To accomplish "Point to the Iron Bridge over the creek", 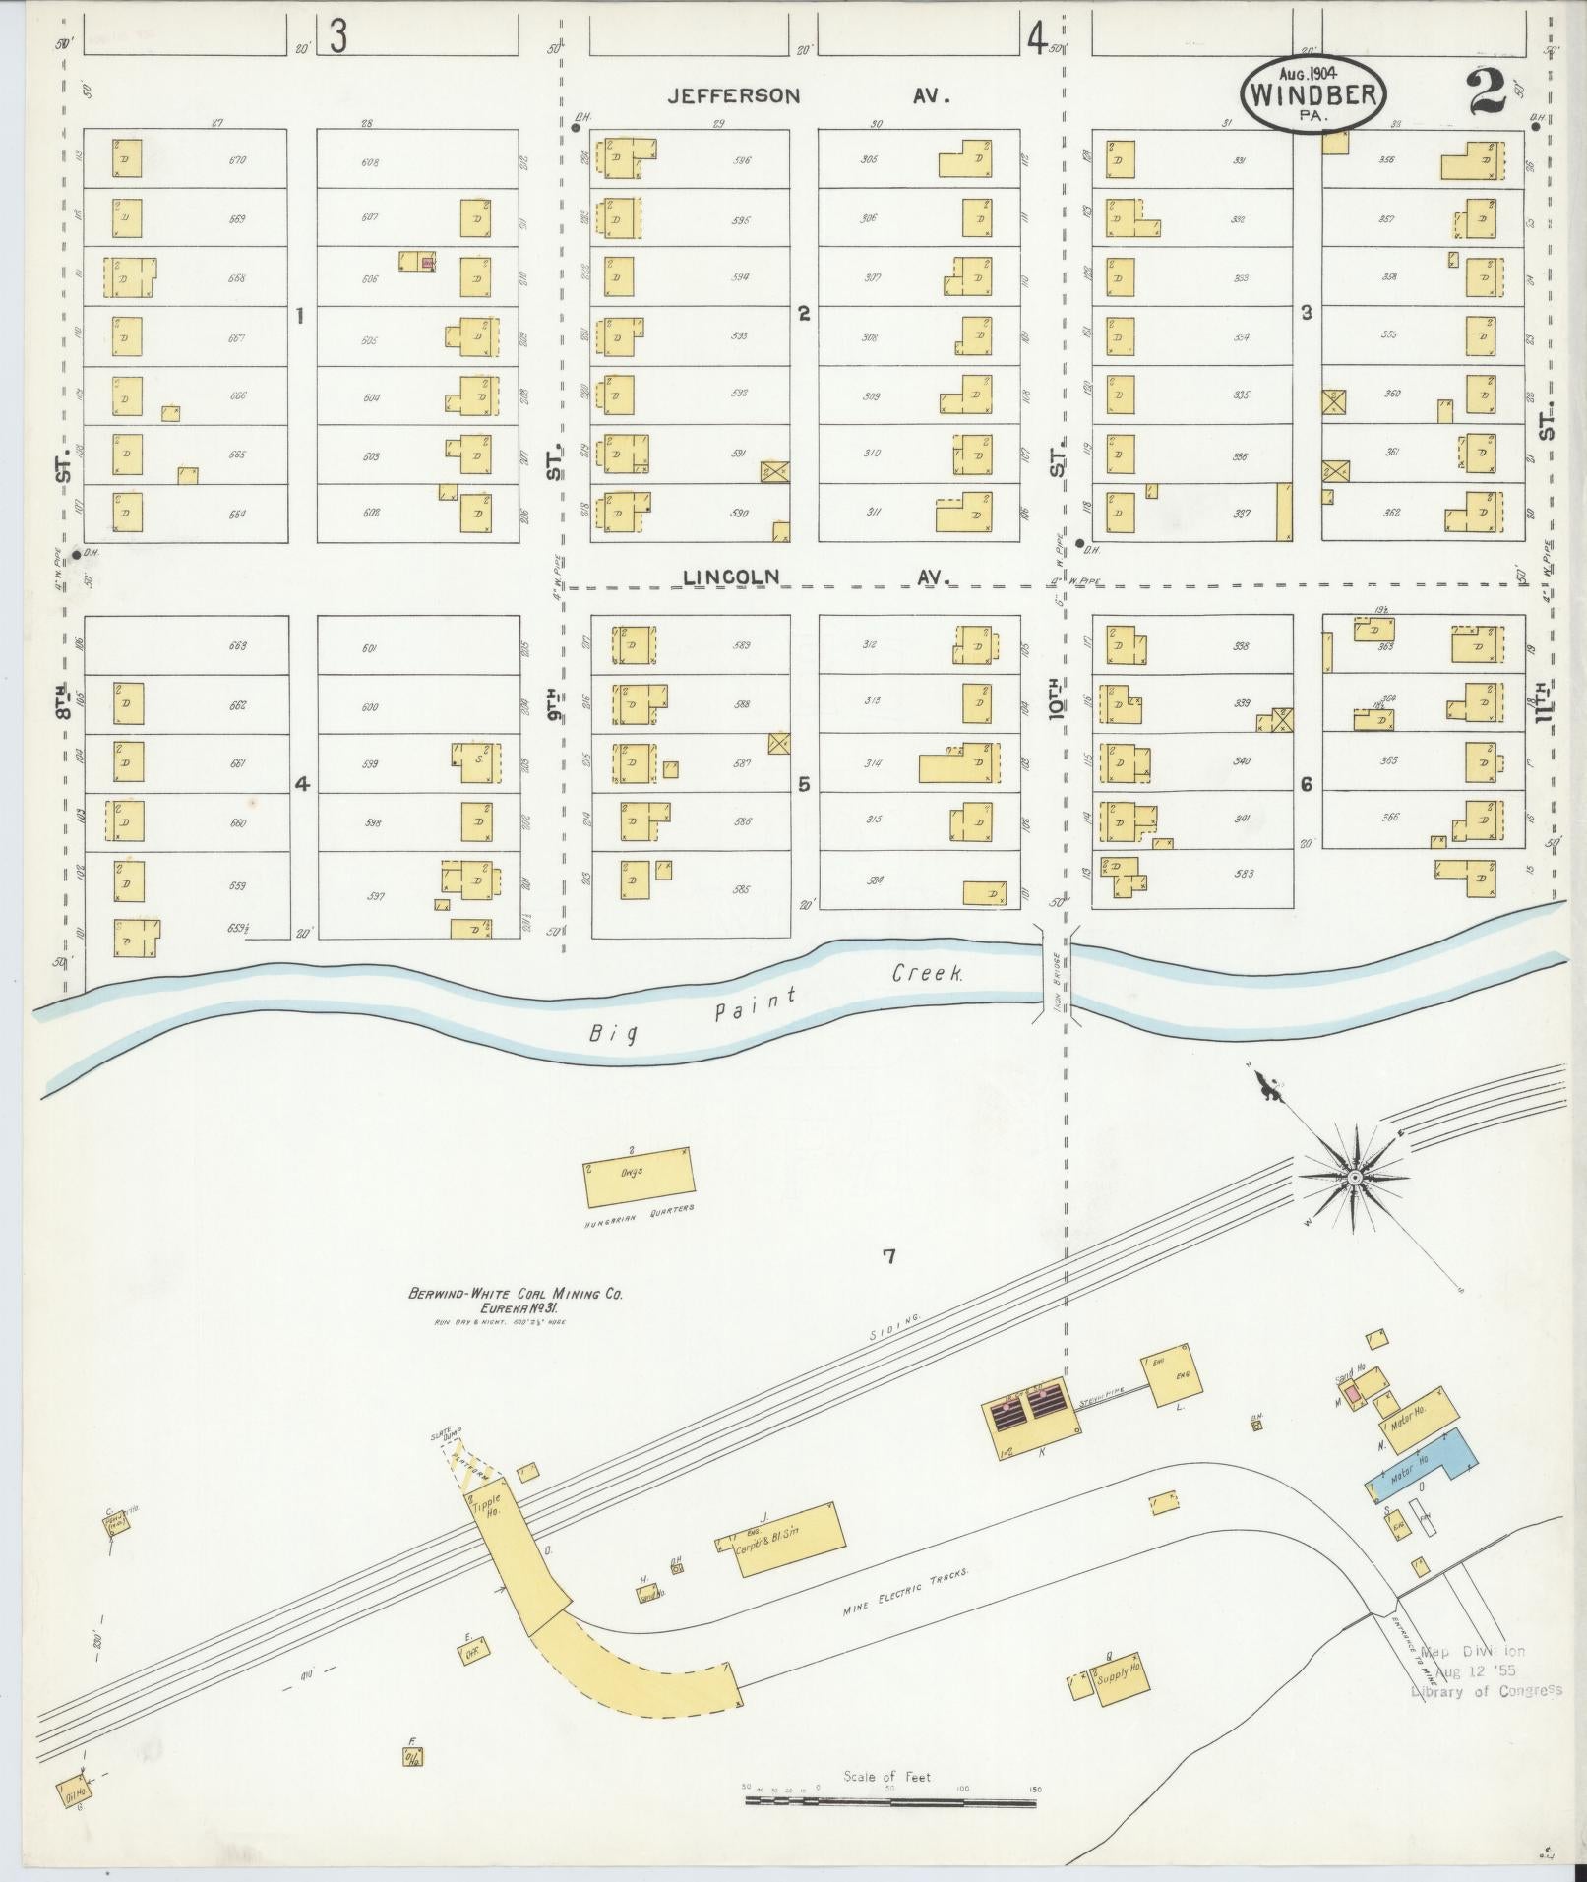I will (x=1057, y=974).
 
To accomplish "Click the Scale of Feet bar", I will (x=889, y=1114).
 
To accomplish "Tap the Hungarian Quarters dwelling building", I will (x=639, y=1176).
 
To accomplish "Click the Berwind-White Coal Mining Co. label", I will (x=516, y=1295).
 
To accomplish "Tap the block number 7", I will (x=889, y=1256).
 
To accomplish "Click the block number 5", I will (x=804, y=785).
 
